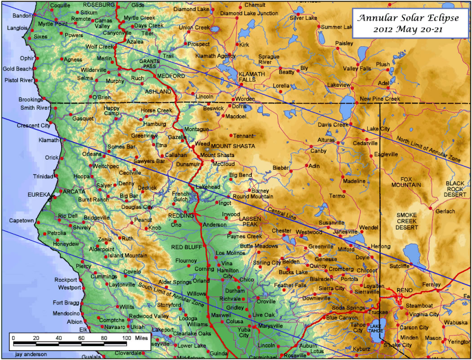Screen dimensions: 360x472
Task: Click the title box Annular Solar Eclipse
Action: (x=409, y=24)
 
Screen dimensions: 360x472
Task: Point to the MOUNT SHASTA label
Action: (x=233, y=146)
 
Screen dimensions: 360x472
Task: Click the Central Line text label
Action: (x=282, y=214)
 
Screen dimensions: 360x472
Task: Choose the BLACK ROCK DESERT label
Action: (x=457, y=189)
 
